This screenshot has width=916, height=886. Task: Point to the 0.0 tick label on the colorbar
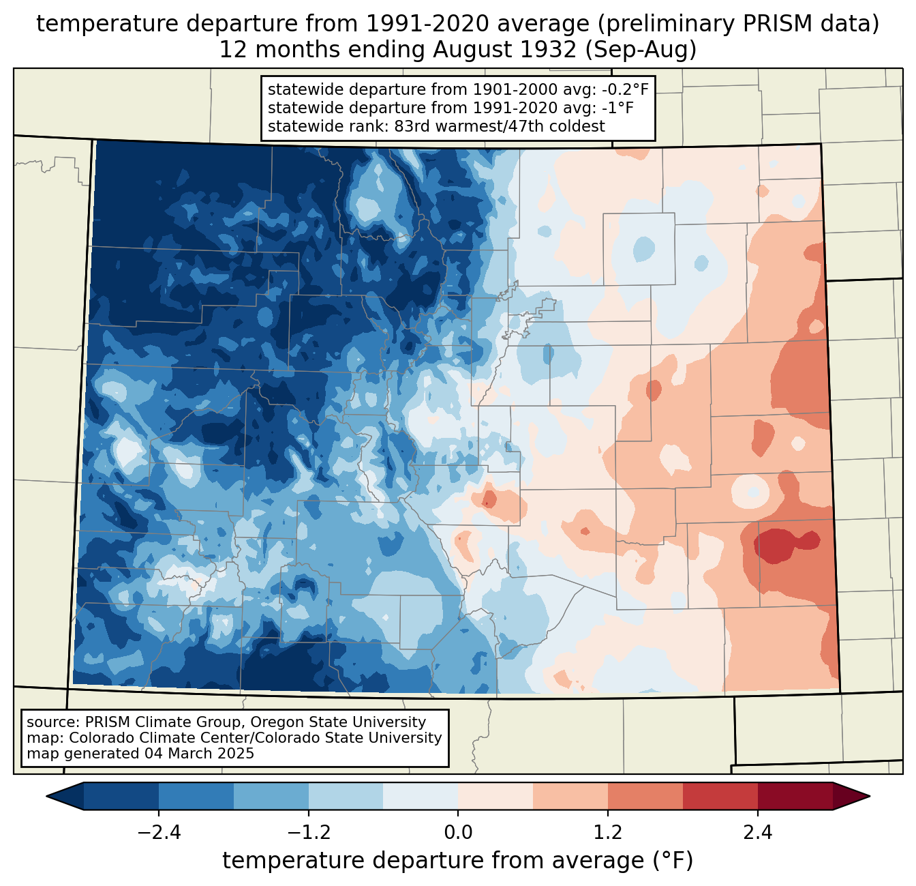(x=458, y=833)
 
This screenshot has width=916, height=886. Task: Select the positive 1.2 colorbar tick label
(x=608, y=833)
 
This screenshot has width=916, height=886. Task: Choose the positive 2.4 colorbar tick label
(x=757, y=833)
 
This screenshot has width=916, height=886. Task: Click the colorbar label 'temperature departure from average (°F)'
(x=457, y=861)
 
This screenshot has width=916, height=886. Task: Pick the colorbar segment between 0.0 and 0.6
(x=495, y=796)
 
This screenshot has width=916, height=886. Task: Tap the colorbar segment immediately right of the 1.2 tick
(x=645, y=796)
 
